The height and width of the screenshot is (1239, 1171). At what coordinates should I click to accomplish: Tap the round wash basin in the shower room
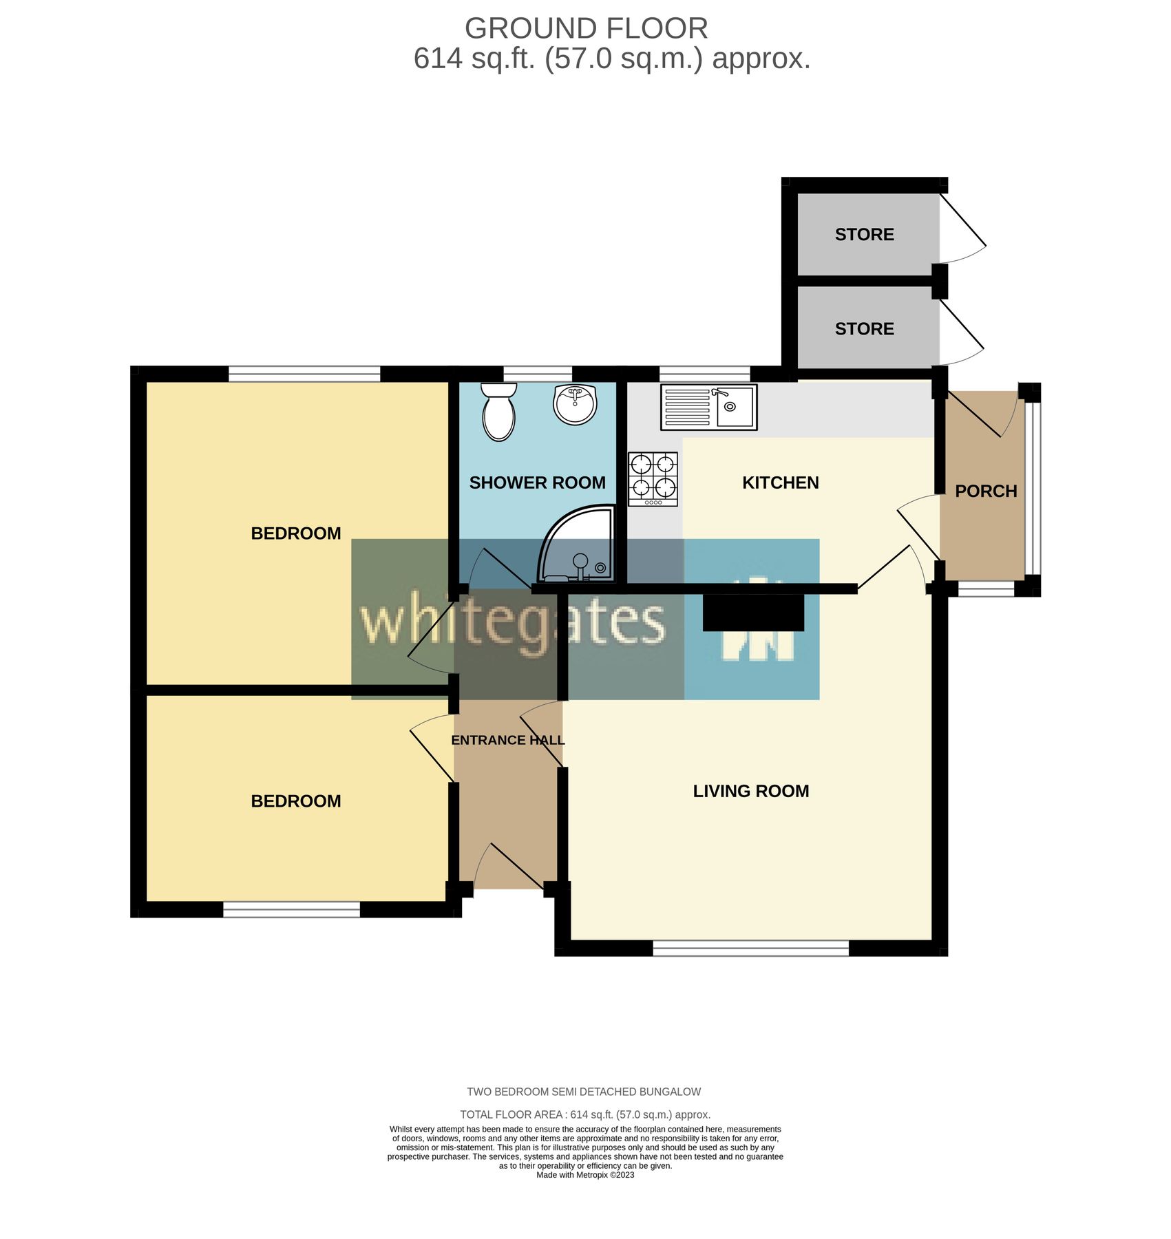[x=576, y=405]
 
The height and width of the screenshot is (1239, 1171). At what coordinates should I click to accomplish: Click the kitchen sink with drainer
[x=709, y=407]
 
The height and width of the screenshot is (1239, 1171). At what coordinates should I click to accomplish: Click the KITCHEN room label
[x=781, y=483]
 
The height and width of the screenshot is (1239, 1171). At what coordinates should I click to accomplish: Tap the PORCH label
[x=986, y=491]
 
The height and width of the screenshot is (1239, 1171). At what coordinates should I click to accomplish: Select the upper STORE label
[x=865, y=235]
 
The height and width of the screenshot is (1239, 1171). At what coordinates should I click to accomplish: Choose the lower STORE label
[x=865, y=329]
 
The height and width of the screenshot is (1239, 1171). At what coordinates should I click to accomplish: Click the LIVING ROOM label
[x=751, y=792]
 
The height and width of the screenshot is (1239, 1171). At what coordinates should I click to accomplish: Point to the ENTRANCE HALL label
[x=508, y=741]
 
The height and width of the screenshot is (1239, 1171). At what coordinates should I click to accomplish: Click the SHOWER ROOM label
[x=538, y=483]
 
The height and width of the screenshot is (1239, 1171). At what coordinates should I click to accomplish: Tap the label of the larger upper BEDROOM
[x=296, y=533]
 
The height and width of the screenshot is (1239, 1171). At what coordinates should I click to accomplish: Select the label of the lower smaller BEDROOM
[x=296, y=801]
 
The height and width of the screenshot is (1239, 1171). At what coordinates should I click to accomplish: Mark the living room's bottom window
[x=751, y=949]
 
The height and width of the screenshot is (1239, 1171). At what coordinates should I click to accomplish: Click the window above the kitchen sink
[x=705, y=374]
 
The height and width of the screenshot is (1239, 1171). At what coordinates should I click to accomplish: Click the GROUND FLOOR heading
[x=587, y=29]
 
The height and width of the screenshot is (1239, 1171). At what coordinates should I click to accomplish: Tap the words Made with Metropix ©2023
[x=585, y=1175]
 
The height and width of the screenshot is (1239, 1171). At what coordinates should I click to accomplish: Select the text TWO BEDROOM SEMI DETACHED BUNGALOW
[x=584, y=1092]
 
